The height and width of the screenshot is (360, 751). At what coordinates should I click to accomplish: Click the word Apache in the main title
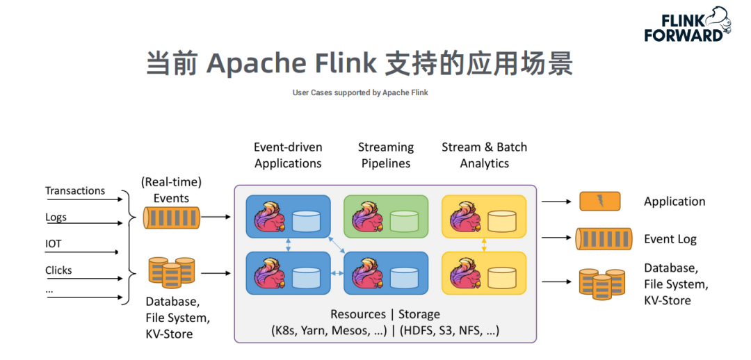(257, 63)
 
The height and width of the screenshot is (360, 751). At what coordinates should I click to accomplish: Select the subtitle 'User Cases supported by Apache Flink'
(360, 92)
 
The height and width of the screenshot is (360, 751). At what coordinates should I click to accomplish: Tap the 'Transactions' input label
(75, 190)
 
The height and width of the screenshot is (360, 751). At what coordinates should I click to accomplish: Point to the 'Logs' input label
(56, 217)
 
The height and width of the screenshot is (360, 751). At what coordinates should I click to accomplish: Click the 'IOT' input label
(54, 244)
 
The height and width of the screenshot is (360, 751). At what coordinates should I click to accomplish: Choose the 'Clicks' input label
(59, 270)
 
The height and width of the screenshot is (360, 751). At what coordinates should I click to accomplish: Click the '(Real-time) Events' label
(171, 190)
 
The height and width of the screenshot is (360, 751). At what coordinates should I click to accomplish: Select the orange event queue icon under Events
(171, 218)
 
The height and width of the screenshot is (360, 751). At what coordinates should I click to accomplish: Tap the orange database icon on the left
(171, 273)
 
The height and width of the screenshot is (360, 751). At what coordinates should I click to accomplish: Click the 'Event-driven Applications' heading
(288, 156)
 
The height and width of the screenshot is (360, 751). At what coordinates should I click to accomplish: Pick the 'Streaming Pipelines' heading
(386, 156)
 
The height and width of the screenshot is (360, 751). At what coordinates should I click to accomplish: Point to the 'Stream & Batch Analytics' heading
(485, 156)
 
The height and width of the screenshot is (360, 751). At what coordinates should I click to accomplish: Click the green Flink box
(386, 216)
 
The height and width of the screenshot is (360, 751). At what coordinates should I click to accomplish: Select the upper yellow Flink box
(484, 216)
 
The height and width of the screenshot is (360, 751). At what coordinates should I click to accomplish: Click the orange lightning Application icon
(599, 202)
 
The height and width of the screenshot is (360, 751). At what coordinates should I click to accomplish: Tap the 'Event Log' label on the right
(670, 239)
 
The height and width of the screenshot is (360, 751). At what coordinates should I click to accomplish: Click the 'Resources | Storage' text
(385, 315)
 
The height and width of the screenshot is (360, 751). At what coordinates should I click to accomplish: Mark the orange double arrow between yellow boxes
(484, 244)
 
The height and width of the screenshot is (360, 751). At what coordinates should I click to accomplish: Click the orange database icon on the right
(601, 284)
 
